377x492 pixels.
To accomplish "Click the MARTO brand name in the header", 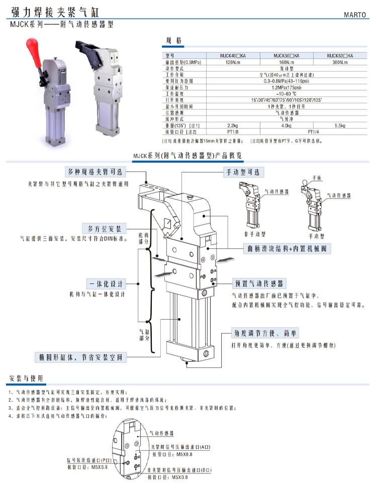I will tap(356, 15).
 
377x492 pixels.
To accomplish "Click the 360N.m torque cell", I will tap(340, 62).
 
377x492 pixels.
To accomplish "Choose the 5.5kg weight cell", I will tap(340, 125).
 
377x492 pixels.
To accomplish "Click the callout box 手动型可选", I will tap(243, 172).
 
